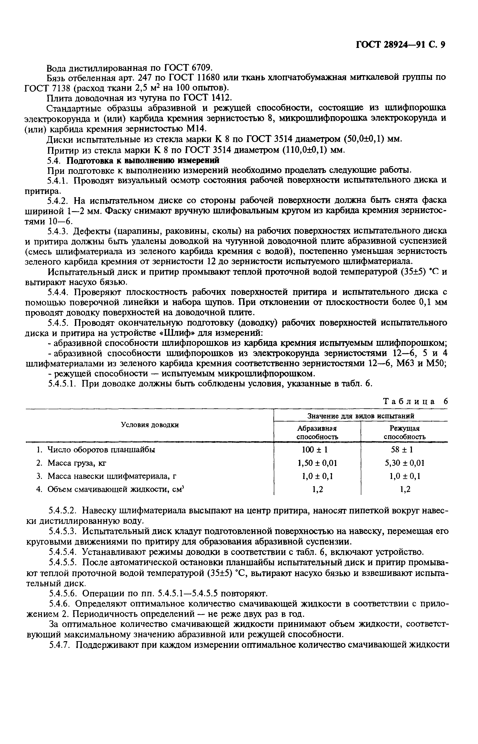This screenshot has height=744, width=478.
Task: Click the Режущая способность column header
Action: [405, 432]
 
